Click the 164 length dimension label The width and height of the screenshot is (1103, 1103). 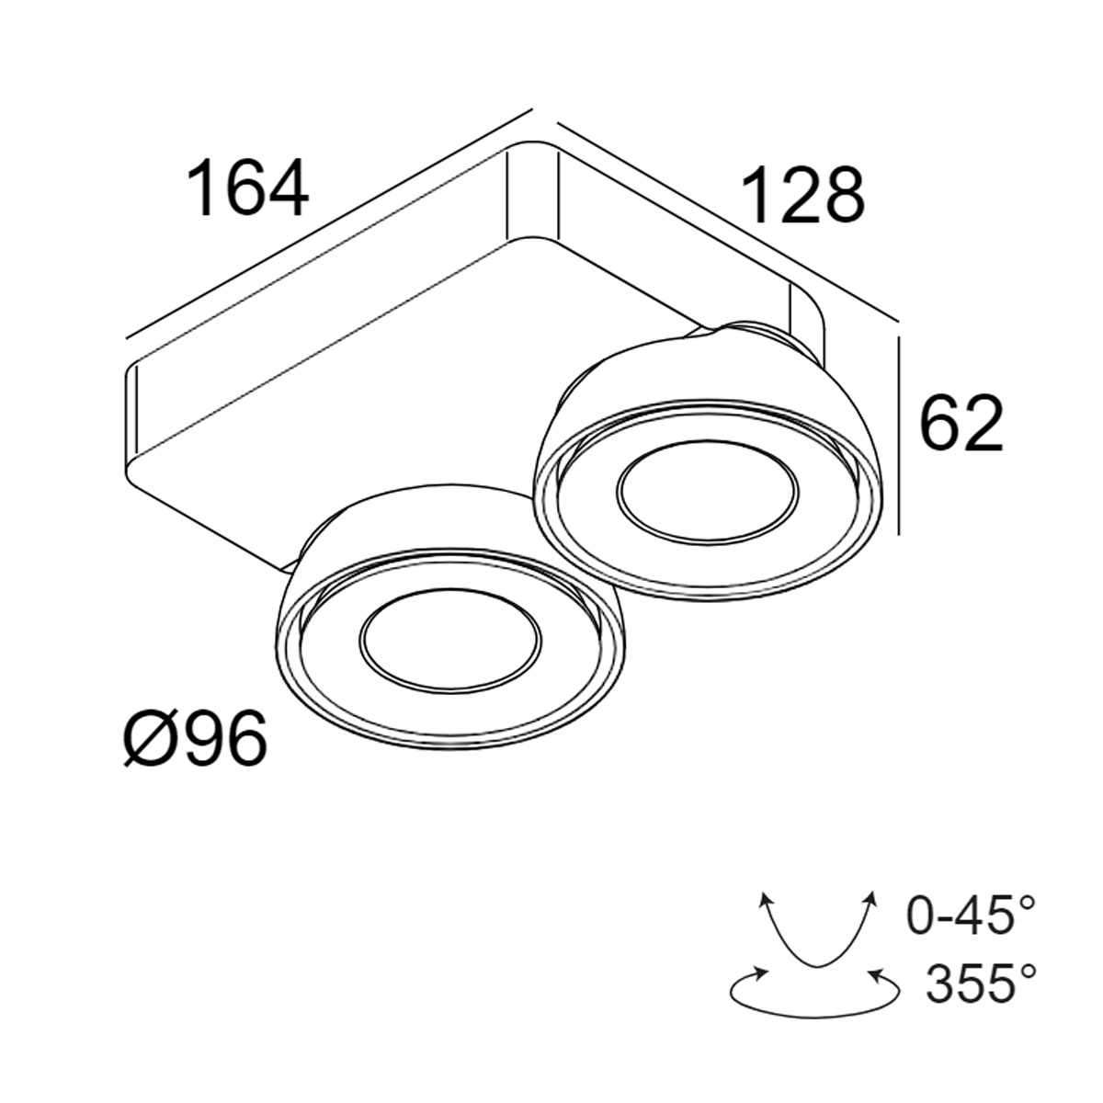point(246,188)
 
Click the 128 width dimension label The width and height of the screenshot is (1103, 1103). point(802,195)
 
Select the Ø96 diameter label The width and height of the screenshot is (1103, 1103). point(195,740)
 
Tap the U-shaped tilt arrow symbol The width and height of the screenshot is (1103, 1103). point(813,928)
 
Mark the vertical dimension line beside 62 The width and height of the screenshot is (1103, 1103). point(899,437)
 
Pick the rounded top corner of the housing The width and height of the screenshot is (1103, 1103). point(533,152)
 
